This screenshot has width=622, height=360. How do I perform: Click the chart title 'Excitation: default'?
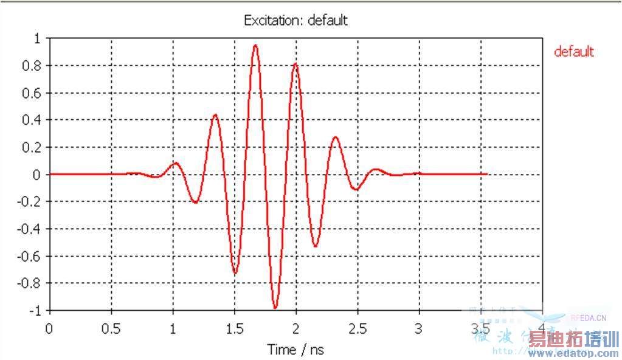295,20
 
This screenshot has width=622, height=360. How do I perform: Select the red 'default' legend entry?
573,52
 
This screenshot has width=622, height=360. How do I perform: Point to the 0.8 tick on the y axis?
34,66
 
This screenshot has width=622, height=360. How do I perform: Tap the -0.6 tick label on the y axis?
32,256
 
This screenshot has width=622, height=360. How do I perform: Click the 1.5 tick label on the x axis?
234,329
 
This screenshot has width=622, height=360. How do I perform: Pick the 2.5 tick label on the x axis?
358,329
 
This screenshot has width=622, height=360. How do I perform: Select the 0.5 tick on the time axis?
111,329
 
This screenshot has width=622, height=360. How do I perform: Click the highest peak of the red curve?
255,45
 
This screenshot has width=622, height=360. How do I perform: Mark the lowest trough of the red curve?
275,308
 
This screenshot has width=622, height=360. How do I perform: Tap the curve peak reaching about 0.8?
295,63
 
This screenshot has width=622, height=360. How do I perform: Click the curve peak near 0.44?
215,114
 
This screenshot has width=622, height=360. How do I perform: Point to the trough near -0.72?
235,273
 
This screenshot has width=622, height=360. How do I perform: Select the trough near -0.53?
316,246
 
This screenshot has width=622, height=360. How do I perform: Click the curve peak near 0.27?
336,137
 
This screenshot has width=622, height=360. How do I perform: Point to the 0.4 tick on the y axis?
34,120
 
